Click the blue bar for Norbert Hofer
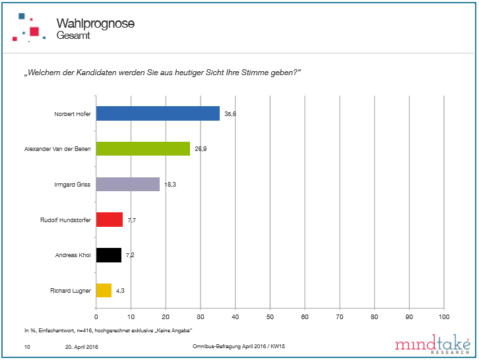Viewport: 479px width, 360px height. [x=158, y=113]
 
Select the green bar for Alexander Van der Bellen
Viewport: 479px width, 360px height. [x=143, y=149]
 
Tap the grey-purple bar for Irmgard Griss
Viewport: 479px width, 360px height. [x=127, y=185]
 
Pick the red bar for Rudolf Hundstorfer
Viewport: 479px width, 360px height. [x=110, y=220]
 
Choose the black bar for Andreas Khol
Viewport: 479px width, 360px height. [x=109, y=255]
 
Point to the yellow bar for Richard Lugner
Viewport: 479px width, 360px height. [x=104, y=290]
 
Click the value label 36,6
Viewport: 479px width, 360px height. [x=230, y=114]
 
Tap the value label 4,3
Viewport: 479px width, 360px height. [x=121, y=291]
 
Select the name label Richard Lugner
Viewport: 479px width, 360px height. [x=71, y=291]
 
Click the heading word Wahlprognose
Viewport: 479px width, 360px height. [x=96, y=24]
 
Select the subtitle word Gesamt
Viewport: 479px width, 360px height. [x=73, y=36]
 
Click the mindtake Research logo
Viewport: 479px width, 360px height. [x=432, y=345]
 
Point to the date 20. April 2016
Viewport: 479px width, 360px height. [x=82, y=346]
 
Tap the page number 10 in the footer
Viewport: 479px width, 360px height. [x=27, y=346]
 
